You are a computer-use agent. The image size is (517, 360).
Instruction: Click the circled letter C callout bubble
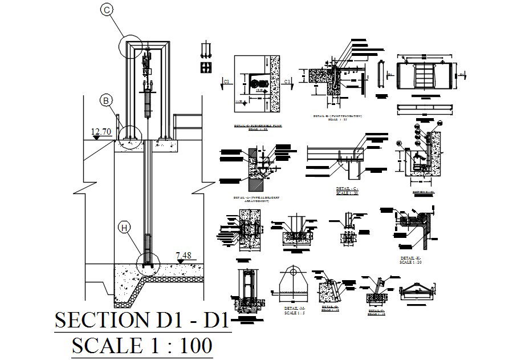coord(106,9)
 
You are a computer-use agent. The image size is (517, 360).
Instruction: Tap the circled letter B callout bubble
coord(106,100)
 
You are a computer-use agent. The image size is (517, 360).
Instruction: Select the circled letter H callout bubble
coord(125,228)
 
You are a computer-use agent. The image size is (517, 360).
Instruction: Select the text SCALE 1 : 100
coord(142,346)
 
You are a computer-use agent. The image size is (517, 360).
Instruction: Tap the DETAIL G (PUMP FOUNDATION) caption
coord(338,117)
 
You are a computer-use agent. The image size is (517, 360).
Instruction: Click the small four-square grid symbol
coord(206,68)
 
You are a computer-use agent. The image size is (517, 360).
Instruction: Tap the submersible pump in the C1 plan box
coord(255,83)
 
